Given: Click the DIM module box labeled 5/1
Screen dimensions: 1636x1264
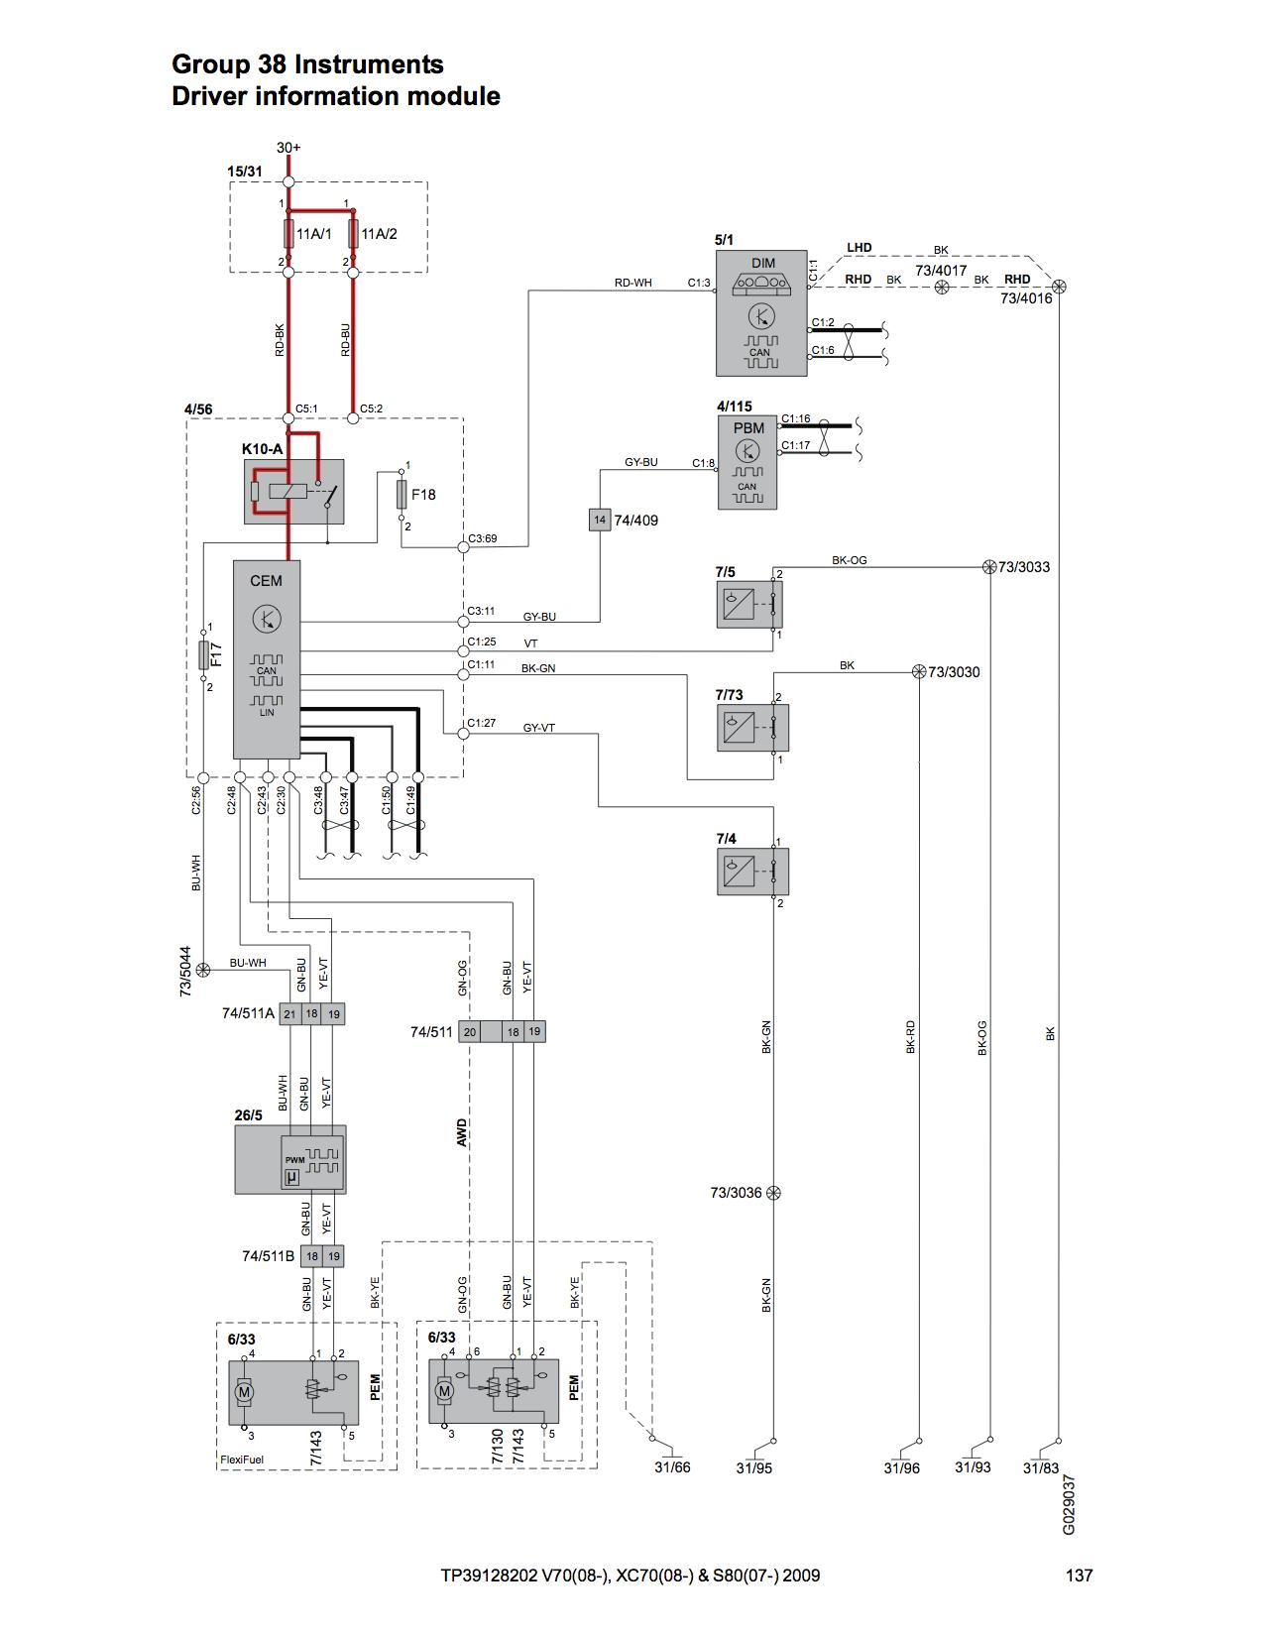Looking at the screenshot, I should [x=760, y=312].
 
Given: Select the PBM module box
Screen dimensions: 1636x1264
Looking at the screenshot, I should [x=747, y=462].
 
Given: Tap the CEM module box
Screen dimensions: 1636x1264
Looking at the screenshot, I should [x=266, y=658].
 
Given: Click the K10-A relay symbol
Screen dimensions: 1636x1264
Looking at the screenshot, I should [x=293, y=491].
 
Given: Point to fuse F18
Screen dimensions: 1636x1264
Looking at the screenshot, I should [x=402, y=493].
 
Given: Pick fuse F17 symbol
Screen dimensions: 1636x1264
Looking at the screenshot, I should [x=203, y=654].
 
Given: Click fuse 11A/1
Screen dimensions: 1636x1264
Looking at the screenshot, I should [x=288, y=234].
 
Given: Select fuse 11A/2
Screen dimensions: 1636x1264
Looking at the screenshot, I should [x=353, y=234].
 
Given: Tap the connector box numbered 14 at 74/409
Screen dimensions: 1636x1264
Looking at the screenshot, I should [x=599, y=520].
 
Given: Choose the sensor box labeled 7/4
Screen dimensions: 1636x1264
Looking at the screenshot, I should [x=752, y=872].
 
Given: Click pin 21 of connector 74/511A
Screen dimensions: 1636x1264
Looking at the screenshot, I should [x=289, y=1013].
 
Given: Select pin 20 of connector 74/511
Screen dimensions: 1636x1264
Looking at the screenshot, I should [x=469, y=1032].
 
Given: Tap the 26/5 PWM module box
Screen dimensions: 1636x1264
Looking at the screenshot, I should [x=289, y=1158].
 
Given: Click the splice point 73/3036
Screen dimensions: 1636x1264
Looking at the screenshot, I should [x=773, y=1193].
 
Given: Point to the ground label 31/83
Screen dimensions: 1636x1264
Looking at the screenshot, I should [x=1041, y=1467].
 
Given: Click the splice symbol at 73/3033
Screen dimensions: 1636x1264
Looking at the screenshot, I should [x=988, y=567].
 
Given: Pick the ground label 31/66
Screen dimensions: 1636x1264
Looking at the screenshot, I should [x=671, y=1467].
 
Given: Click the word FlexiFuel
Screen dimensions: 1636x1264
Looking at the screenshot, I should [x=242, y=1460].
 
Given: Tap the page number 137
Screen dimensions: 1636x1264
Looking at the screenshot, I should [x=1079, y=1576].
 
